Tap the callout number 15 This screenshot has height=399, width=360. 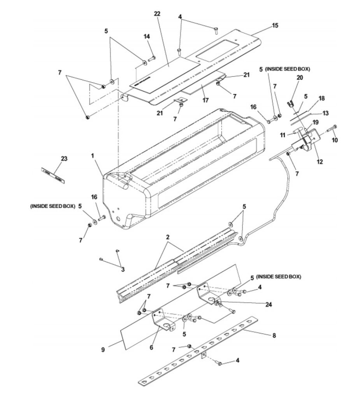pos(275,25)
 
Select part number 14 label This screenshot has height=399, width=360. pos(147,36)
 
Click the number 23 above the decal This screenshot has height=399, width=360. pos(64,158)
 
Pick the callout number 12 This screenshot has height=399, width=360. pos(320,161)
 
